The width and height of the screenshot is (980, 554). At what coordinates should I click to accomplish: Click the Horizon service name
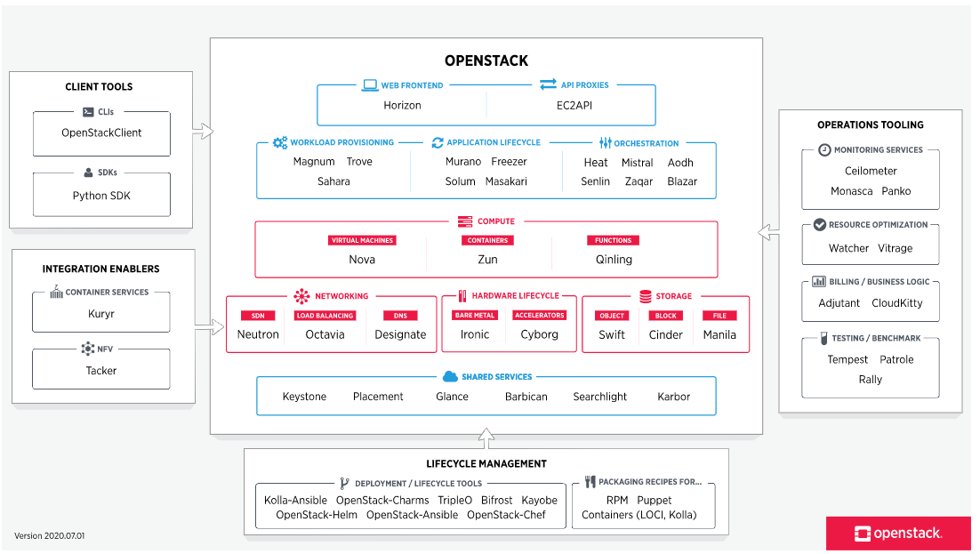[402, 105]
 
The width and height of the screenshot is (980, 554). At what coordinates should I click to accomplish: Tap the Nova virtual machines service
[362, 260]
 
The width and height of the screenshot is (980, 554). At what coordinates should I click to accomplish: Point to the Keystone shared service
[304, 397]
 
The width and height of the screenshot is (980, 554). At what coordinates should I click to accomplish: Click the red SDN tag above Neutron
[258, 316]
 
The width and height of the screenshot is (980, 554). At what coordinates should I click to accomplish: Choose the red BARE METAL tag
[475, 316]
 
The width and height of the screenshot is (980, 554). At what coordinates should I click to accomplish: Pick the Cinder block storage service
[665, 335]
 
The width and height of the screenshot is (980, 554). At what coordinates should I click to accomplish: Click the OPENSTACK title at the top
[486, 61]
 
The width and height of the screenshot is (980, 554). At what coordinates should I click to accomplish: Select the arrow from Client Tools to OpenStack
[204, 132]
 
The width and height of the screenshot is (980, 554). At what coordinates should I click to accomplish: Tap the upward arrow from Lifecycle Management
[486, 438]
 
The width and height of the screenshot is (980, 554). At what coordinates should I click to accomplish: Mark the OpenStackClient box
[101, 133]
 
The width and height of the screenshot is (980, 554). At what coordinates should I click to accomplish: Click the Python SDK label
[101, 196]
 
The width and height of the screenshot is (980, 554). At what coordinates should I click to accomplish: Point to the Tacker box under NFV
[101, 370]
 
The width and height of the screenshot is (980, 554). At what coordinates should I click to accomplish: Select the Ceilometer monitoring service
[871, 171]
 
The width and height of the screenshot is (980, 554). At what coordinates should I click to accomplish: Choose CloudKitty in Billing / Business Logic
[897, 303]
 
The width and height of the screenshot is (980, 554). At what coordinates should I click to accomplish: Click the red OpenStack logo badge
[897, 534]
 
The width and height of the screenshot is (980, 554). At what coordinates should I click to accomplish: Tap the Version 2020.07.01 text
[50, 536]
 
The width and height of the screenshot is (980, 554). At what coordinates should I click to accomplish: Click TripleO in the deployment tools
[455, 501]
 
